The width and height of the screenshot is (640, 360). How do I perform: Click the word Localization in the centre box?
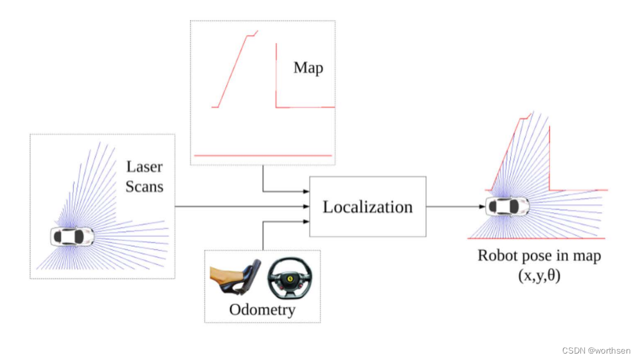(x=368, y=207)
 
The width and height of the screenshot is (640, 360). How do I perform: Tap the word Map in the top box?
(x=308, y=67)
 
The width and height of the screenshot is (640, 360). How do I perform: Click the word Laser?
(x=144, y=167)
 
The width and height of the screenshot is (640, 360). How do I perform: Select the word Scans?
(x=144, y=186)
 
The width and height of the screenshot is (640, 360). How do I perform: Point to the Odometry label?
(x=262, y=310)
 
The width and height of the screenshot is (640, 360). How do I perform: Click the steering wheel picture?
(x=292, y=278)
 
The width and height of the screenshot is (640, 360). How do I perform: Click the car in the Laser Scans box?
(x=71, y=236)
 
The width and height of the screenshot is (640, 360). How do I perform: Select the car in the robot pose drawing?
(x=507, y=206)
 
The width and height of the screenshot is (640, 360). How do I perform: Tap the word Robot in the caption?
(x=499, y=255)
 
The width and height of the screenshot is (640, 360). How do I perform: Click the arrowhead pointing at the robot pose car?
(x=482, y=206)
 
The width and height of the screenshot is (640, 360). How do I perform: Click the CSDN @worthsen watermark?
(x=598, y=350)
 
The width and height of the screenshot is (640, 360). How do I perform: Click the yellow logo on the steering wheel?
(x=292, y=280)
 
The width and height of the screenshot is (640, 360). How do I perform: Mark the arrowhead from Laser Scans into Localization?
(x=306, y=206)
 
